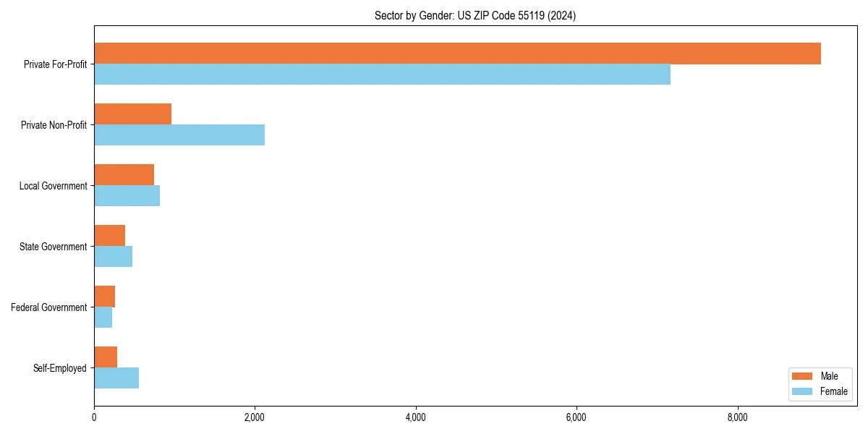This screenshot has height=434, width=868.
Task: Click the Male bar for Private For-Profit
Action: coord(457,54)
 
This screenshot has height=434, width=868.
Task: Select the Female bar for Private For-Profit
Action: coord(382,75)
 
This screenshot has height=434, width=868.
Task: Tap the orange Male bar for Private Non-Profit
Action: coord(132,114)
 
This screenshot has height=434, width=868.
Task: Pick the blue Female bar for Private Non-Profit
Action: coord(179,135)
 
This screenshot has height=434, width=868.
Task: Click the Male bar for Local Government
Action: coord(124,175)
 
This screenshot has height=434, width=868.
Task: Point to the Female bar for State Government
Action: coord(113,257)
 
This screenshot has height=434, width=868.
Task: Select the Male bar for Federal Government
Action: coord(104,297)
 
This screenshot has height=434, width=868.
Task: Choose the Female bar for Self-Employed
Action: coord(116,378)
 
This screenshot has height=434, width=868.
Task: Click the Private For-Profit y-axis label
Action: coord(55,64)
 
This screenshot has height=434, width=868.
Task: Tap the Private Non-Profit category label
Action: coord(54,125)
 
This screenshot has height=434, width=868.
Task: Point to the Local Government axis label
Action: coord(53,186)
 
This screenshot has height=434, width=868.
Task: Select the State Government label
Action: coord(53,247)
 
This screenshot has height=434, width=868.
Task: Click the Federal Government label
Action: coord(48,307)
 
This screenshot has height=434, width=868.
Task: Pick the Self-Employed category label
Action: coord(59,368)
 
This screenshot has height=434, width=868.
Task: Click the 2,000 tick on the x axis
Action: coord(255,417)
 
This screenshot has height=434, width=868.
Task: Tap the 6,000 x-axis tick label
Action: coord(576,417)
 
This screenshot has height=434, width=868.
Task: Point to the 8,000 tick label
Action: coord(737,417)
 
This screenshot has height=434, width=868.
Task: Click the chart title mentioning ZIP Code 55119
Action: coord(475,15)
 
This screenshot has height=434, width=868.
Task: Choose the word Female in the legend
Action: coord(833,391)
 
